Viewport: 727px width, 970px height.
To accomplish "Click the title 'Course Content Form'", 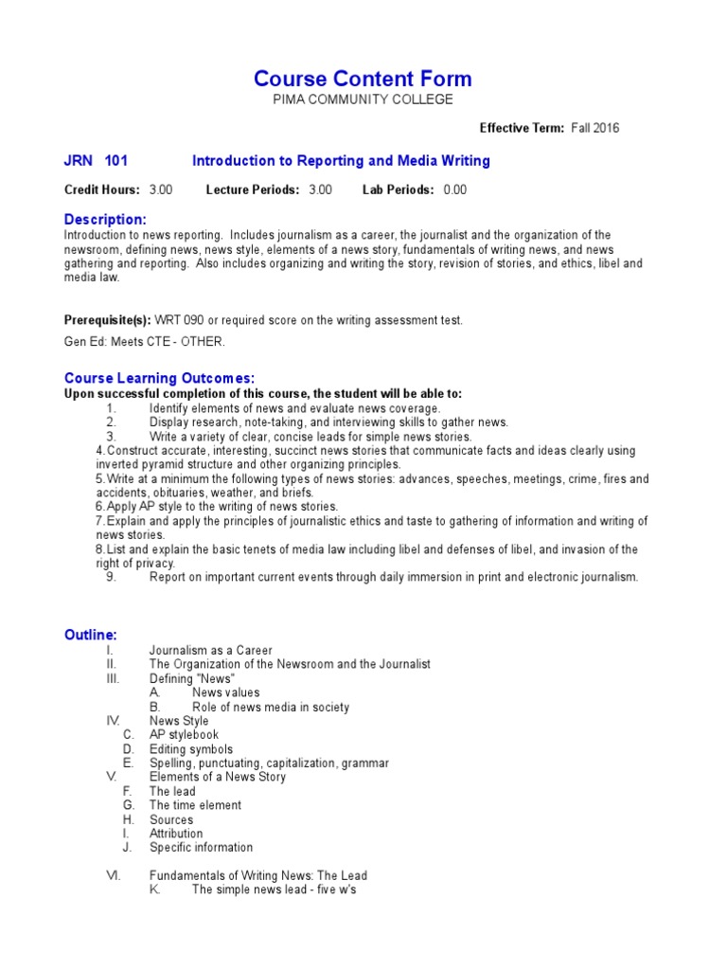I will tap(363, 79).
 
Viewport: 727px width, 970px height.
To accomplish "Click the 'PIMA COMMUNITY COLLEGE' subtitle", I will tap(363, 99).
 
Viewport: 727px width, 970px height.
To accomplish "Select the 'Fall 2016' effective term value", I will tap(595, 128).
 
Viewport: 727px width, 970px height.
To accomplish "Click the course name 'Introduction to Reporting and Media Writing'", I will tap(341, 161).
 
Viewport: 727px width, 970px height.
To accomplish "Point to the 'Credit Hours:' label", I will tap(102, 189).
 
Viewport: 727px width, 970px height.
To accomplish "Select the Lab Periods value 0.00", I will tap(454, 189).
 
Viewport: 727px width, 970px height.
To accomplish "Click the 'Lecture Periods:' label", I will tap(253, 189).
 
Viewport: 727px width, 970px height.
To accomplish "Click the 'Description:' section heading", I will tap(105, 220).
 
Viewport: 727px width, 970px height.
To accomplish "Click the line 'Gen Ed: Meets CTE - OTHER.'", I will tap(145, 342).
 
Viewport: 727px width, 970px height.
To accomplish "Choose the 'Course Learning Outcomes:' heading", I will tap(159, 379).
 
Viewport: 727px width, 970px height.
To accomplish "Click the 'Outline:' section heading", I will tap(91, 635).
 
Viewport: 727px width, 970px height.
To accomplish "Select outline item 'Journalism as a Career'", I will tap(211, 651).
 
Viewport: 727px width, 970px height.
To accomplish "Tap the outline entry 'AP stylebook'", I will tap(184, 735).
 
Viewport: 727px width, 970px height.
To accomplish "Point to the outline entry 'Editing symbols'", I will tap(190, 749).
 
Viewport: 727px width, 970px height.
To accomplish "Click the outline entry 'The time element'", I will tap(195, 805).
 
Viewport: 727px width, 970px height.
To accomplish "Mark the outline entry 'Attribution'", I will tap(176, 834).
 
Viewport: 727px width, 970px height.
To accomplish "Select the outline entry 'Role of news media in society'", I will tap(271, 707).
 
